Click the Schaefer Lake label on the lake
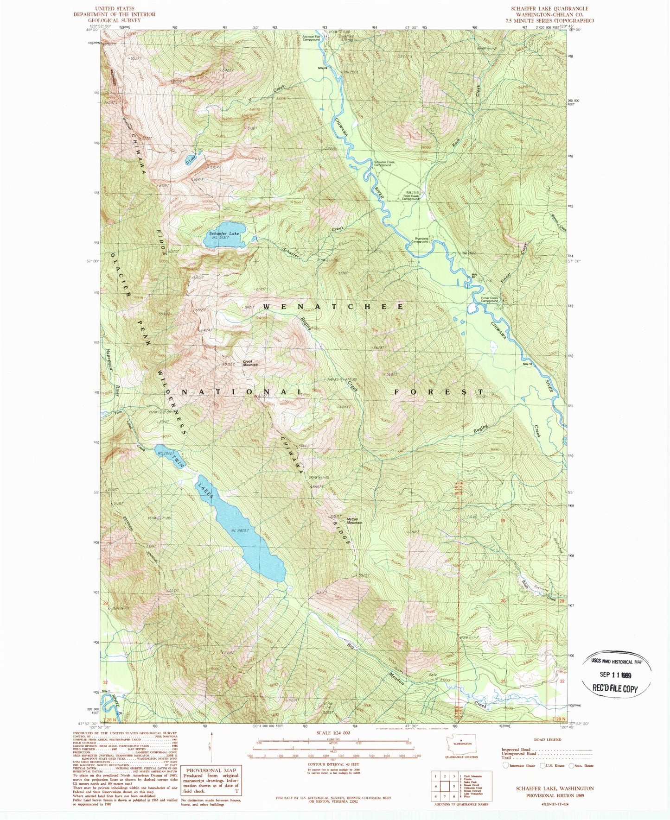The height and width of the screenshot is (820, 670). [x=224, y=233]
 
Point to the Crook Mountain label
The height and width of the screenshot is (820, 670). [x=250, y=364]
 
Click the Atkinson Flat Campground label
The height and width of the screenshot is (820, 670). [x=311, y=38]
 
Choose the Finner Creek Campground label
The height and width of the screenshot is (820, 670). [x=489, y=299]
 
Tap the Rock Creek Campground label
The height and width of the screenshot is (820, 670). [x=411, y=197]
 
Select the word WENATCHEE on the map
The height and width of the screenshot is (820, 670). [x=333, y=307]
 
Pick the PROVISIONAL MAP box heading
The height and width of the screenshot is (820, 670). [x=211, y=770]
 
